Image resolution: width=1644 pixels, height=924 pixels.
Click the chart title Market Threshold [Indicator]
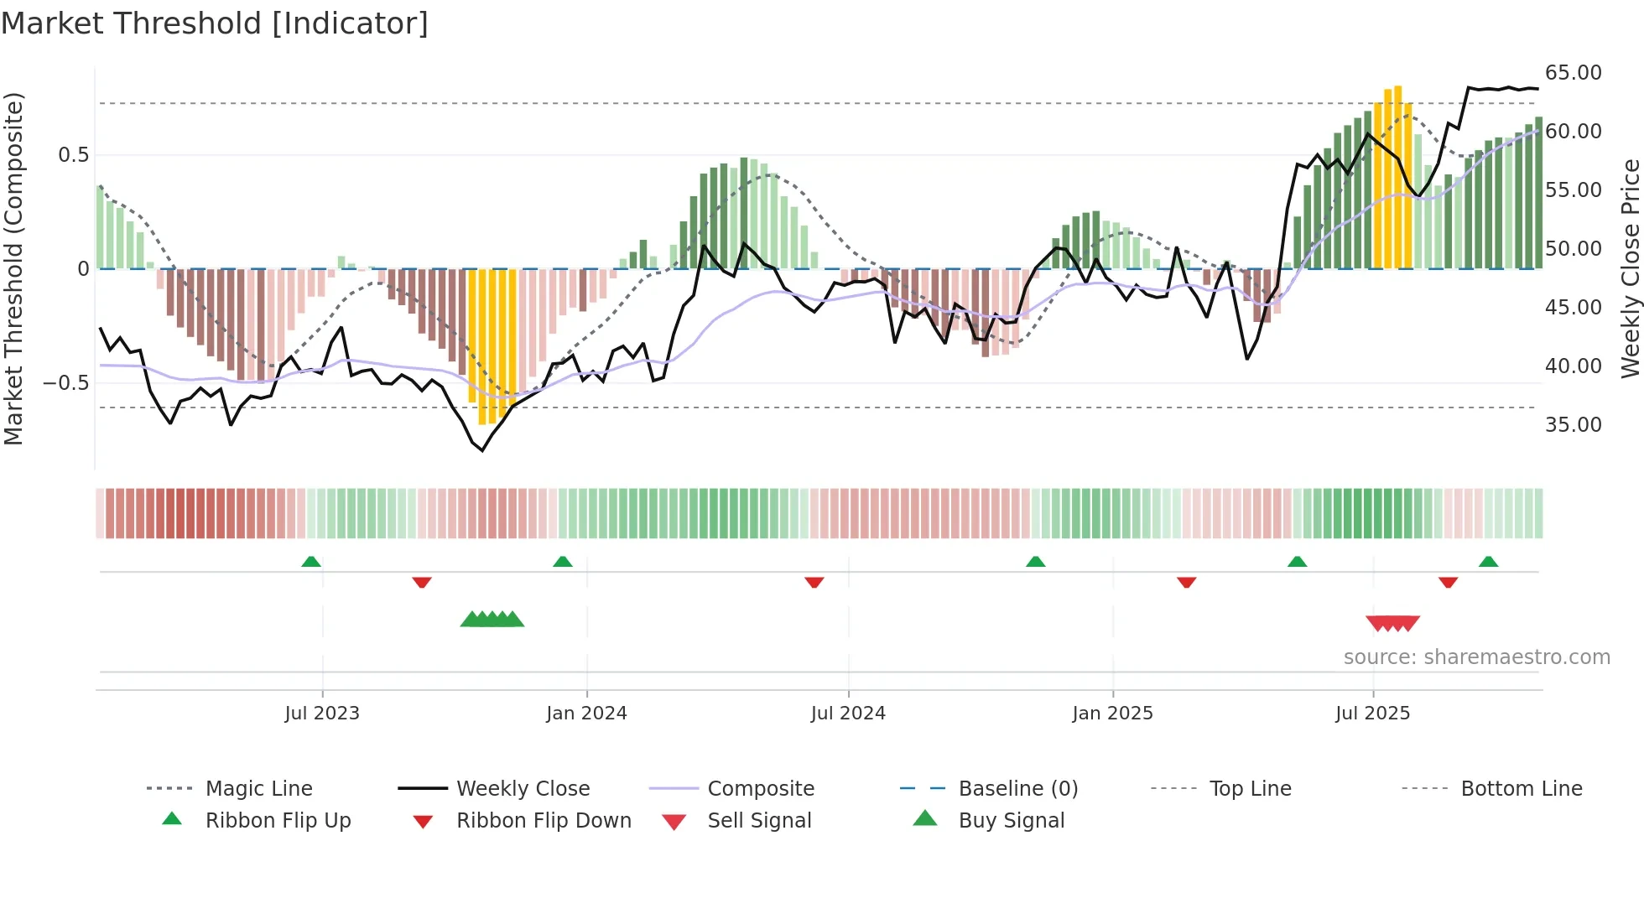(x=215, y=23)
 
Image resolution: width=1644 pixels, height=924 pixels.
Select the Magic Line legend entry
(x=258, y=788)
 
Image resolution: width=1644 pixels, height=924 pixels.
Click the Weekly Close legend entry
(x=523, y=788)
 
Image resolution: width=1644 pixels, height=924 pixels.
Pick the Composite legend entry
(x=760, y=788)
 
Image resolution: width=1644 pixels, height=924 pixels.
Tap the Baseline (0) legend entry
(x=1017, y=788)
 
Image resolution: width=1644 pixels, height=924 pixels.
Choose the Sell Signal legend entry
(x=758, y=820)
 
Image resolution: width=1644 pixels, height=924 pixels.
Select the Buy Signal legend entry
(x=1011, y=820)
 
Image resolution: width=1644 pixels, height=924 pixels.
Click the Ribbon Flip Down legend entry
(x=543, y=820)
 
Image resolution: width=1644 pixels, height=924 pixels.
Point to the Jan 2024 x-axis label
(x=586, y=713)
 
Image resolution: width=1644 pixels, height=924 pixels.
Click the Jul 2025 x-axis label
(x=1372, y=713)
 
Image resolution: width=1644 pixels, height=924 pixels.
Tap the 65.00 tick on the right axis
(x=1573, y=73)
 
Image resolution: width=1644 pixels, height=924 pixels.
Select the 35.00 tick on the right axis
(x=1573, y=425)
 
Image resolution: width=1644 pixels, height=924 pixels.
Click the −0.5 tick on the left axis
(x=65, y=383)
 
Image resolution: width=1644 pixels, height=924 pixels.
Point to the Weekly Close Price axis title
(x=1630, y=268)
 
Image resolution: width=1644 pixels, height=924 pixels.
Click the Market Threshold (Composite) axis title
(x=13, y=268)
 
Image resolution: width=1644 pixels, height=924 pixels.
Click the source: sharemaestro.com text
(x=1476, y=657)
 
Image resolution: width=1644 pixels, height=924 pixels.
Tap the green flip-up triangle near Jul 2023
(x=311, y=562)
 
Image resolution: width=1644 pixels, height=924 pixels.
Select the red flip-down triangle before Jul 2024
(x=814, y=582)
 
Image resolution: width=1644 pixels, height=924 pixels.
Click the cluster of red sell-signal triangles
(x=1392, y=623)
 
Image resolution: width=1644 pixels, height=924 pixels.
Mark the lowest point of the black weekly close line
(x=482, y=450)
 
